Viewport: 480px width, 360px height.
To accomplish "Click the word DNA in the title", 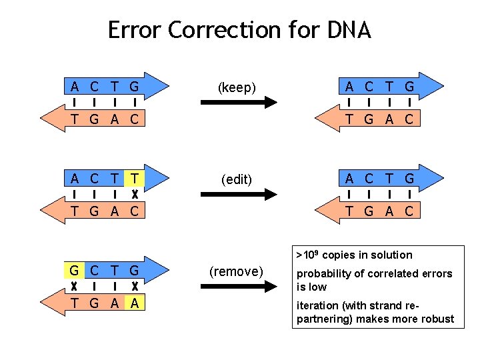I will click(349, 30).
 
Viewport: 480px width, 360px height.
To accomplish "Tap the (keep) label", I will click(237, 87).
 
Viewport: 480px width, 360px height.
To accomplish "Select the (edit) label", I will click(237, 179).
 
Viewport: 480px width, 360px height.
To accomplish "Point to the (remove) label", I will click(237, 271).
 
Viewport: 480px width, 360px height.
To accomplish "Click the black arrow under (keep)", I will click(239, 103).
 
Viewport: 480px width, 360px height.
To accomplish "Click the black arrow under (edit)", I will click(239, 194).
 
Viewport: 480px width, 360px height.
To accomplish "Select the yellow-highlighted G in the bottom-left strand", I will click(74, 271).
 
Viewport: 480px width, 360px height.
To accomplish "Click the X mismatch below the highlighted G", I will click(74, 287).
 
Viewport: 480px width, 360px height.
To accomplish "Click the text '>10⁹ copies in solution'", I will click(354, 255).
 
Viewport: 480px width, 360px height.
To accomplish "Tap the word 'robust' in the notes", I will click(437, 319).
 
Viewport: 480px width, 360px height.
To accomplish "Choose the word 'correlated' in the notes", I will click(395, 273).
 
